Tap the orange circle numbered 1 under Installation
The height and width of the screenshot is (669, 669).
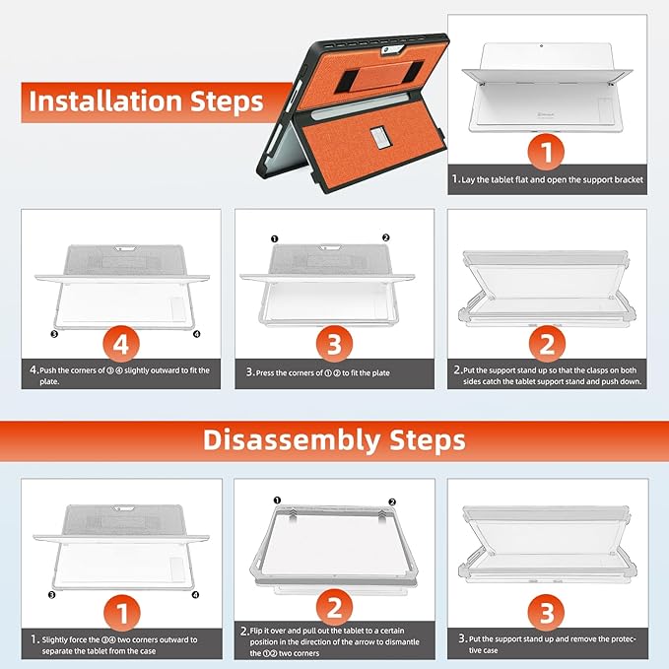pyautogui.click(x=546, y=152)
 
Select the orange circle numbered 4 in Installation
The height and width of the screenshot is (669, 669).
pyautogui.click(x=121, y=344)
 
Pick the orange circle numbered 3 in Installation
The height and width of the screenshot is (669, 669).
pyautogui.click(x=334, y=344)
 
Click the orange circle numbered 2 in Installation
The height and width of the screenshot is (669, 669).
pyautogui.click(x=547, y=344)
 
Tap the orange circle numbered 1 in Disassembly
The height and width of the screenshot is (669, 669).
pyautogui.click(x=122, y=613)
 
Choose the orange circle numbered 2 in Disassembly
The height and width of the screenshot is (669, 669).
pyautogui.click(x=335, y=607)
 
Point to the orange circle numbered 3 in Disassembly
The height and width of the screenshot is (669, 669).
pyautogui.click(x=547, y=613)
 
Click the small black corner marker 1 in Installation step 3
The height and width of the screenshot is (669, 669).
pyautogui.click(x=274, y=238)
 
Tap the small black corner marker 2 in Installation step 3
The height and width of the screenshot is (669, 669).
pyautogui.click(x=385, y=237)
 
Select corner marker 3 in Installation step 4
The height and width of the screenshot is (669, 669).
pyautogui.click(x=54, y=334)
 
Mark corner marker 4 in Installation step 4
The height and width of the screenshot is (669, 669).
pyautogui.click(x=197, y=334)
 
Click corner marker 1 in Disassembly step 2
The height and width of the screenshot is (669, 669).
pyautogui.click(x=277, y=501)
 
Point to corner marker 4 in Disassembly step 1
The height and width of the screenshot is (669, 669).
pyautogui.click(x=195, y=595)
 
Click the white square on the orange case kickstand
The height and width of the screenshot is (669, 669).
pyautogui.click(x=379, y=138)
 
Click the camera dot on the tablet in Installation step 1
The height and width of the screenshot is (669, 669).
pyautogui.click(x=542, y=45)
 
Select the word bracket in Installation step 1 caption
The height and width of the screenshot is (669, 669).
pyautogui.click(x=629, y=179)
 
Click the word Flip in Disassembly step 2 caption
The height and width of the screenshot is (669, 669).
pyautogui.click(x=257, y=631)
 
